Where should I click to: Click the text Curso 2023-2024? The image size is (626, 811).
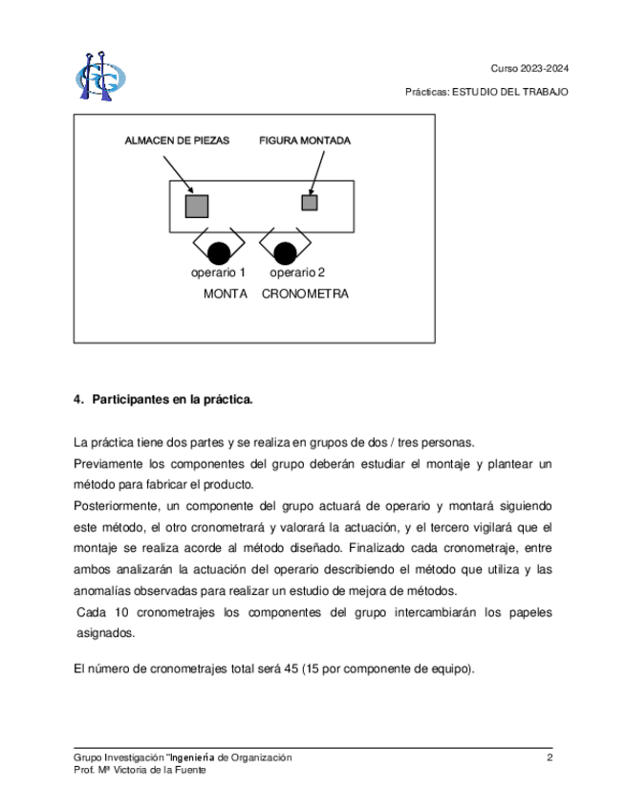pos(529,69)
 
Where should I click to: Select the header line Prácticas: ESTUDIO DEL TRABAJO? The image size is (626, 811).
pos(487,92)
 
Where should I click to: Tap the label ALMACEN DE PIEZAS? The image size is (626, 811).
pos(177,141)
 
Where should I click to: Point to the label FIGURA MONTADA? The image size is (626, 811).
pos(305,141)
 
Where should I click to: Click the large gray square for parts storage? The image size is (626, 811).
pos(196,205)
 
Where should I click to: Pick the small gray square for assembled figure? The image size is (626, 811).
pos(309,202)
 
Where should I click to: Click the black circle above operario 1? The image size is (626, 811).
pos(219,253)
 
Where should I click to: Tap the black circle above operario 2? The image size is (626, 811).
pos(284,253)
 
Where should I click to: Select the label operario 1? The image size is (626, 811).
pos(218,274)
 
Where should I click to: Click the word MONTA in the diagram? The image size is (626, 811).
pos(226,295)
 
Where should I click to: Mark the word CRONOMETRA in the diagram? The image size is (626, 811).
pos(305,295)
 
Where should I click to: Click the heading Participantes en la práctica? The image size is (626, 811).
pos(171,399)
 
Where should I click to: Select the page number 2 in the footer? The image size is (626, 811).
pos(550,757)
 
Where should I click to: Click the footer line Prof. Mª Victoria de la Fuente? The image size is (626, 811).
pos(140,770)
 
